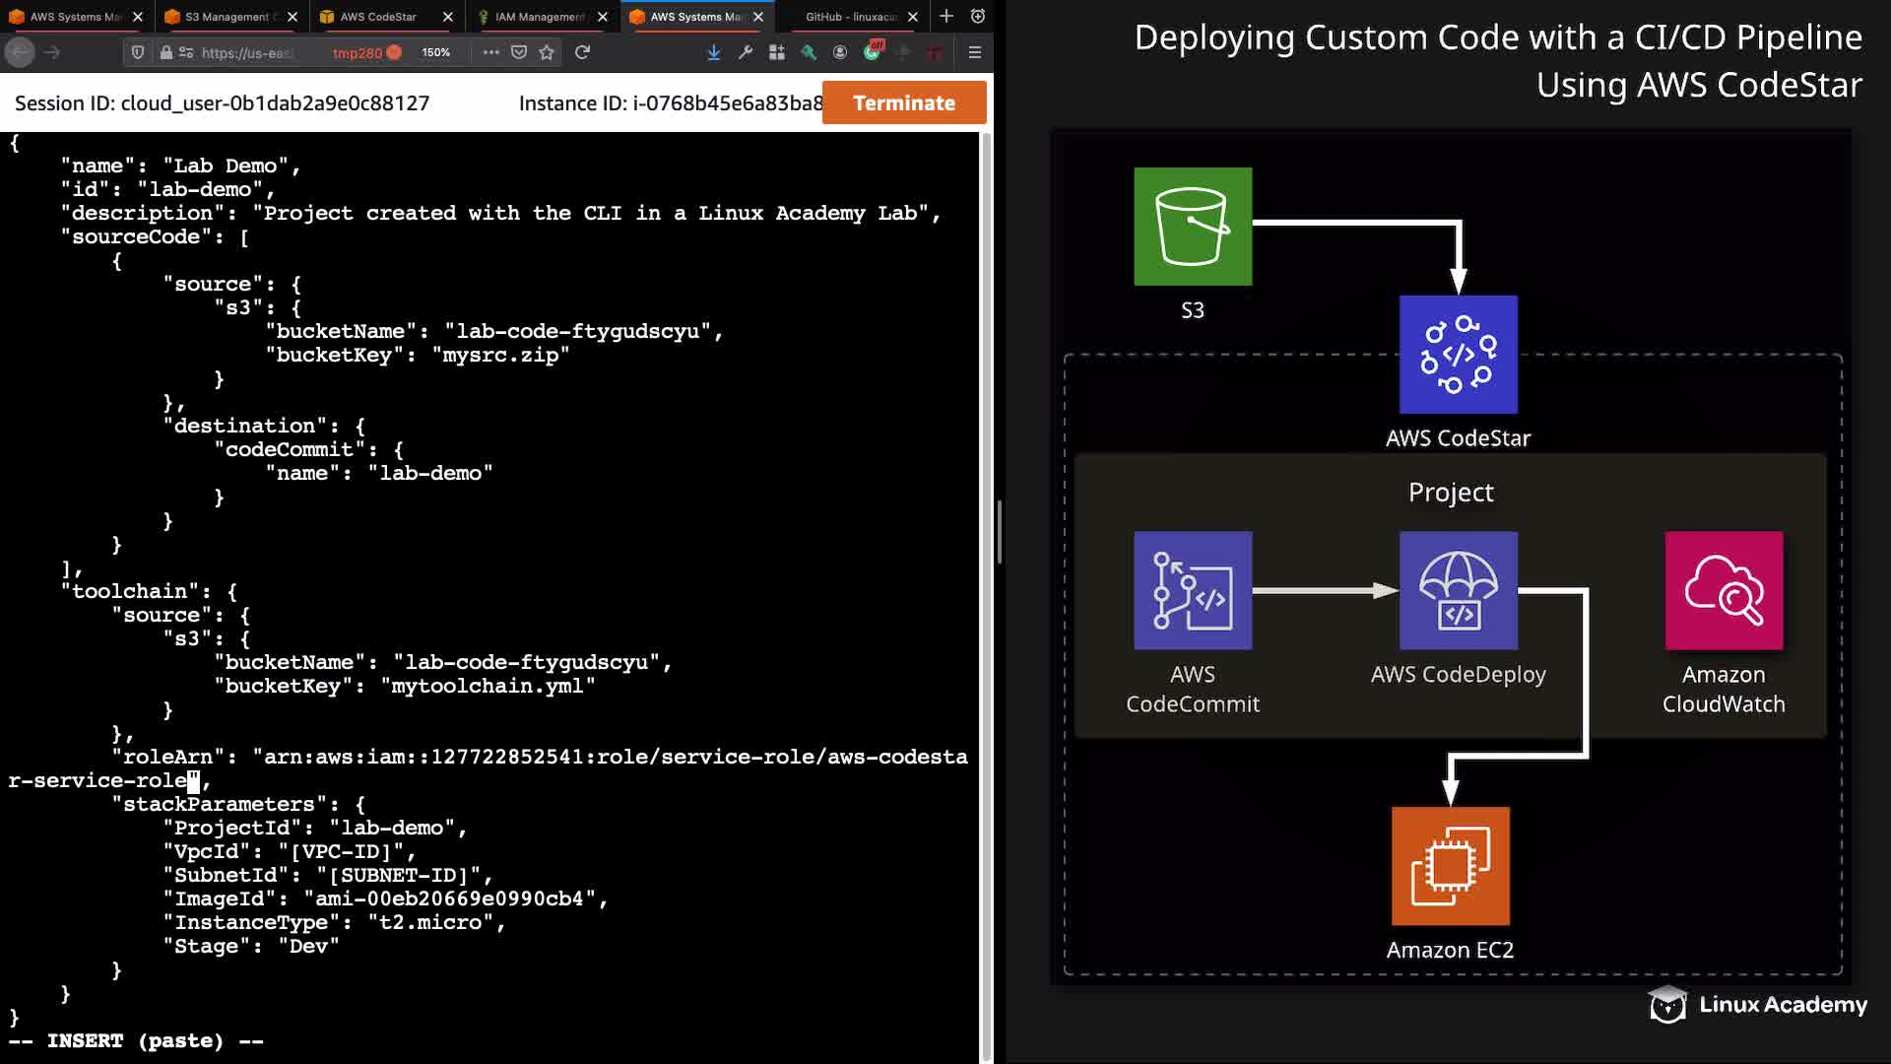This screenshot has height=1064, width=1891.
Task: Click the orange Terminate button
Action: (904, 102)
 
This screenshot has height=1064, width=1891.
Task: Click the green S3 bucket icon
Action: (1193, 227)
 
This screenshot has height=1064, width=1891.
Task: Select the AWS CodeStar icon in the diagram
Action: (1459, 355)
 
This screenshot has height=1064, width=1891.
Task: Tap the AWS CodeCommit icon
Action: (1193, 591)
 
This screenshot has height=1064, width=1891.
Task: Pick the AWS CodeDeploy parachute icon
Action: (1459, 591)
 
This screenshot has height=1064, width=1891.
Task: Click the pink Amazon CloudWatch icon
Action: (1724, 591)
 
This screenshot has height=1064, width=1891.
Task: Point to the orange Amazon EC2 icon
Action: (1451, 866)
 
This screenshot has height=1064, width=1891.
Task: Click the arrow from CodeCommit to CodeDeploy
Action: (1326, 591)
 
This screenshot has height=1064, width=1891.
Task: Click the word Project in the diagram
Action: (1451, 492)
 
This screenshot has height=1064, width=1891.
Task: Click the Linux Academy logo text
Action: (1783, 1005)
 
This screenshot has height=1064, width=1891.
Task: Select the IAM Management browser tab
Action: (539, 17)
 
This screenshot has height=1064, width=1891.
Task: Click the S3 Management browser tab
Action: (230, 17)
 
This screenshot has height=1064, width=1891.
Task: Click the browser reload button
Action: (582, 52)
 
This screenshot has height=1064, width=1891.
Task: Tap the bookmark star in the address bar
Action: (547, 52)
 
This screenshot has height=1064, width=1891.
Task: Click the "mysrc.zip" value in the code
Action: (500, 356)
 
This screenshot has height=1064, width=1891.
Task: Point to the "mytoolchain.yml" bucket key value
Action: (488, 687)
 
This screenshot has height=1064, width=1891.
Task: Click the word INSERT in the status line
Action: (85, 1041)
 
